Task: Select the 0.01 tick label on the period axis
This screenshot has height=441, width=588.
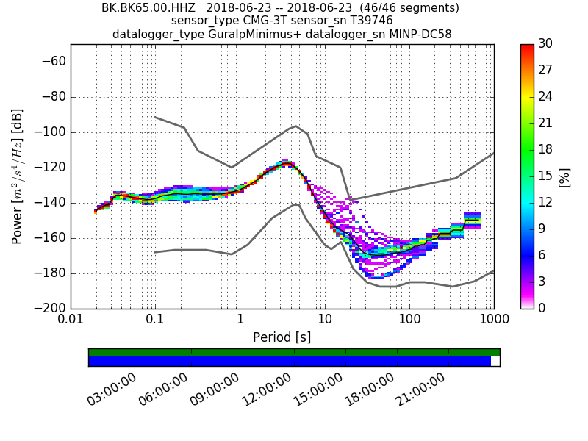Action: point(71,320)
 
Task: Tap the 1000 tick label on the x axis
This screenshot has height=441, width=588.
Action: point(493,320)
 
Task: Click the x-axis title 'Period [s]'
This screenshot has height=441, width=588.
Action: point(282,337)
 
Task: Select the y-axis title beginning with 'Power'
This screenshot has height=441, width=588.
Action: point(18,176)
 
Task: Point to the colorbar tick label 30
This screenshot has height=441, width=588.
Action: point(545,44)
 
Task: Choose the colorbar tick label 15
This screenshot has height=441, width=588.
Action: point(545,176)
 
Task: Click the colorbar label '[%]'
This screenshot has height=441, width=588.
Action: point(564,176)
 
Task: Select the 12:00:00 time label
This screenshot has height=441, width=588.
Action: point(268,388)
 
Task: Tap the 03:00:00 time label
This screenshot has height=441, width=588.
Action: point(113,388)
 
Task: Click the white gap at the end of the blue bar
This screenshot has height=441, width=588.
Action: point(495,361)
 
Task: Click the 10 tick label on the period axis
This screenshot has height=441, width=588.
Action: point(325,320)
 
